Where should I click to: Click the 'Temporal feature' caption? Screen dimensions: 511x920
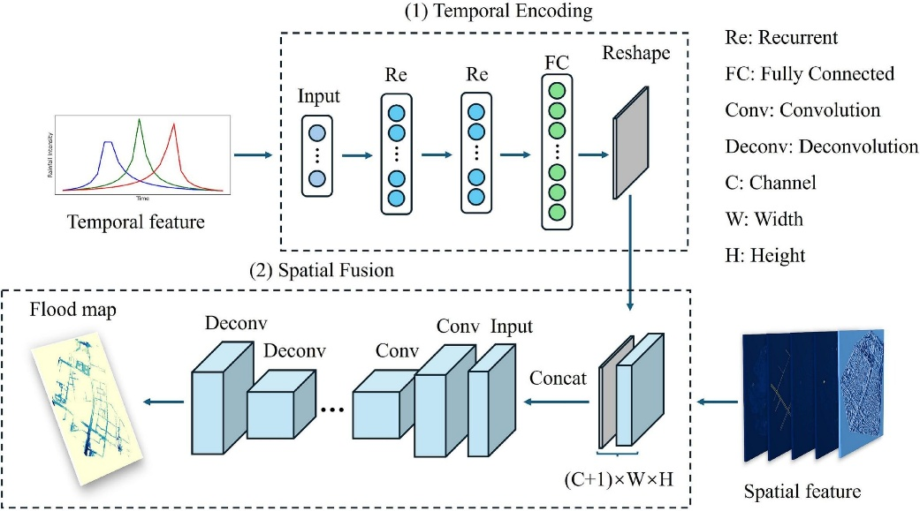[x=135, y=222]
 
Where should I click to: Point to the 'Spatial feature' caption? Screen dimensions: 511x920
[x=802, y=490]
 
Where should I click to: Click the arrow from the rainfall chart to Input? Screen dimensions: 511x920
[x=255, y=155]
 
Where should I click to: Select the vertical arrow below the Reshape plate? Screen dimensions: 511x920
[x=630, y=253]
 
